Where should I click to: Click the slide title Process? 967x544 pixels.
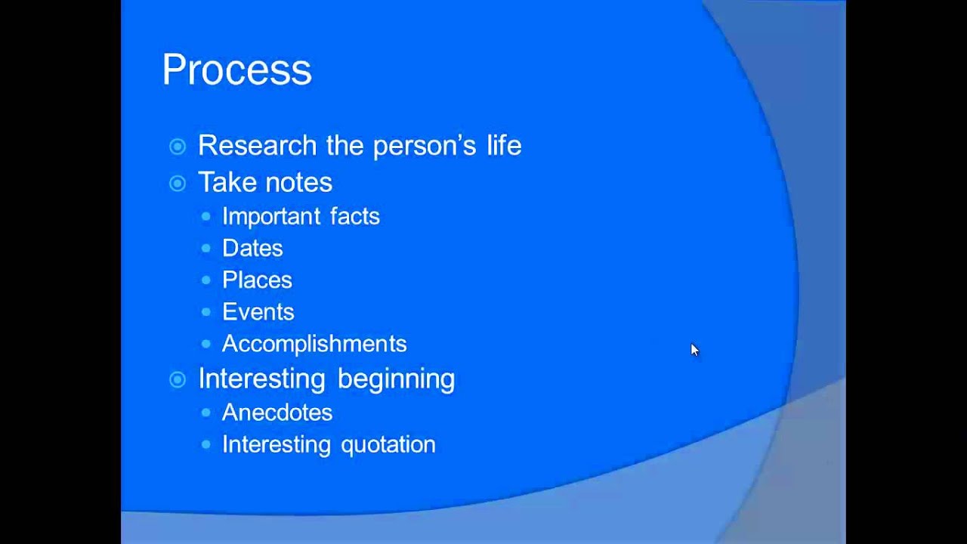(237, 70)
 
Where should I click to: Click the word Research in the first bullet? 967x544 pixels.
(258, 145)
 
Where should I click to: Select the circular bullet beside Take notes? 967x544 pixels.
(178, 184)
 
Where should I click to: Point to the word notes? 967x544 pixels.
(298, 182)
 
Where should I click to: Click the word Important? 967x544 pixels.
(271, 216)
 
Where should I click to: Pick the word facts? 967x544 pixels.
(355, 216)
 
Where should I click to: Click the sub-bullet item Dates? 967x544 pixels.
(252, 249)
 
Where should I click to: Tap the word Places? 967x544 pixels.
(258, 280)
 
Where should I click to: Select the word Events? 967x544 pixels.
(258, 312)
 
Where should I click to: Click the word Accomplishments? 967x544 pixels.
(314, 344)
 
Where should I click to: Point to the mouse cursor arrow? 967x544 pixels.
(694, 350)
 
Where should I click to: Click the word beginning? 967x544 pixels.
(397, 379)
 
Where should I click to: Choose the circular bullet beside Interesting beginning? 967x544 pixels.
(178, 380)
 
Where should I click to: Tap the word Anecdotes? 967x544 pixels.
(277, 413)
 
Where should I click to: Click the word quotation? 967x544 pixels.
(388, 445)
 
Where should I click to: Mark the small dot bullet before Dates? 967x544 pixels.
(206, 249)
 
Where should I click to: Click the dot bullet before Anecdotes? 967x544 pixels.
(206, 413)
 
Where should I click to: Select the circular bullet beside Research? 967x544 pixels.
(178, 147)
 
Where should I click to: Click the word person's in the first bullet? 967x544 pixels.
(425, 146)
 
